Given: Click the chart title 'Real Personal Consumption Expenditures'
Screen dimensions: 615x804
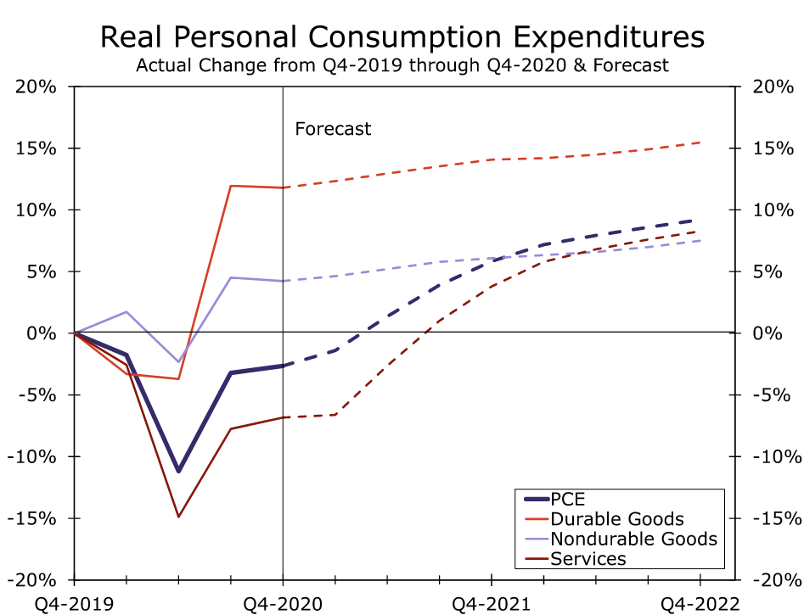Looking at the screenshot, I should pyautogui.click(x=402, y=38).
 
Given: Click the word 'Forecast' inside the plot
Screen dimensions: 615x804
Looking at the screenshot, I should pyautogui.click(x=333, y=129).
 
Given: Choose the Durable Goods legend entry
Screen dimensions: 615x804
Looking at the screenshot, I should pyautogui.click(x=617, y=518).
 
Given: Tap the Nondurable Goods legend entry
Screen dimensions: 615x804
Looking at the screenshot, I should pyautogui.click(x=633, y=539).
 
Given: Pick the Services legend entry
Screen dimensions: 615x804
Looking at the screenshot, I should pyautogui.click(x=588, y=558).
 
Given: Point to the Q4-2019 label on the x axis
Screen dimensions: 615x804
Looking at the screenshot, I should pyautogui.click(x=74, y=603).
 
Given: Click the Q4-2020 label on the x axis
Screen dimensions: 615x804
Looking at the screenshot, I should pyautogui.click(x=283, y=603).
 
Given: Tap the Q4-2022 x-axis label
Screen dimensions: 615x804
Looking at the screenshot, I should pyautogui.click(x=700, y=603).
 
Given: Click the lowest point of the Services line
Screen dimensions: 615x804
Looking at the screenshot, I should pyautogui.click(x=178, y=517).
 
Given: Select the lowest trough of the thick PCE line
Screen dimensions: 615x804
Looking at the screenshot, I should pyautogui.click(x=178, y=472).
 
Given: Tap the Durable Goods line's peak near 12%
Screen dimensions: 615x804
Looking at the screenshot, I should pyautogui.click(x=231, y=185).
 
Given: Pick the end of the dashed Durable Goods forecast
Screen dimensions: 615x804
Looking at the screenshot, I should pyautogui.click(x=700, y=143).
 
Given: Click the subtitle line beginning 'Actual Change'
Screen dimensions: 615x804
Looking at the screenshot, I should pyautogui.click(x=402, y=65).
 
